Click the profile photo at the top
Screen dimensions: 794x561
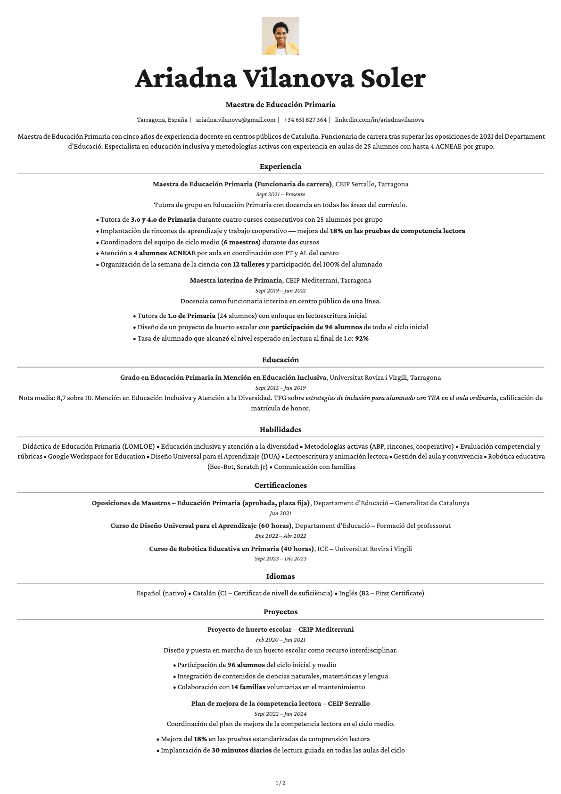pos(280,36)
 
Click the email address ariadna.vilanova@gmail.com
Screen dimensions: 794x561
pos(235,120)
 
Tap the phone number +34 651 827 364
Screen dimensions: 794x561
pos(305,120)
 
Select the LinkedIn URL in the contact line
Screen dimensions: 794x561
pos(379,120)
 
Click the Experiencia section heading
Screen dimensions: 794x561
pos(280,167)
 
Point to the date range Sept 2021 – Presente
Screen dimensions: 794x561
pos(280,194)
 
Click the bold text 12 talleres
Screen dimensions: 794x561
pos(248,265)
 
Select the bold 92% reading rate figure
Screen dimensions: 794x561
pos(362,339)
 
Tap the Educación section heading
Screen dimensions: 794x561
pos(280,360)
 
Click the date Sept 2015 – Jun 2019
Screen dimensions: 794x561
pos(280,388)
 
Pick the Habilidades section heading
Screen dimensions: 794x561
pos(280,430)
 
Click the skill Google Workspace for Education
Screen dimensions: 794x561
pos(97,457)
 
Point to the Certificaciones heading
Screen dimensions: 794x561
pos(280,485)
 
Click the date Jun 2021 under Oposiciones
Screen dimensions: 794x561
pos(280,513)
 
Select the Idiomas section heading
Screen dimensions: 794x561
pos(280,577)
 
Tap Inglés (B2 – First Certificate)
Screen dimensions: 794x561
pos(381,593)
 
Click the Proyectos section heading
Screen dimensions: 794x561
pos(280,612)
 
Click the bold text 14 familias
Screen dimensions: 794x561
pos(248,687)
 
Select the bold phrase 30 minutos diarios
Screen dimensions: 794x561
pos(241,751)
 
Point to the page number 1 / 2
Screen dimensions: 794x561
pos(280,783)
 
